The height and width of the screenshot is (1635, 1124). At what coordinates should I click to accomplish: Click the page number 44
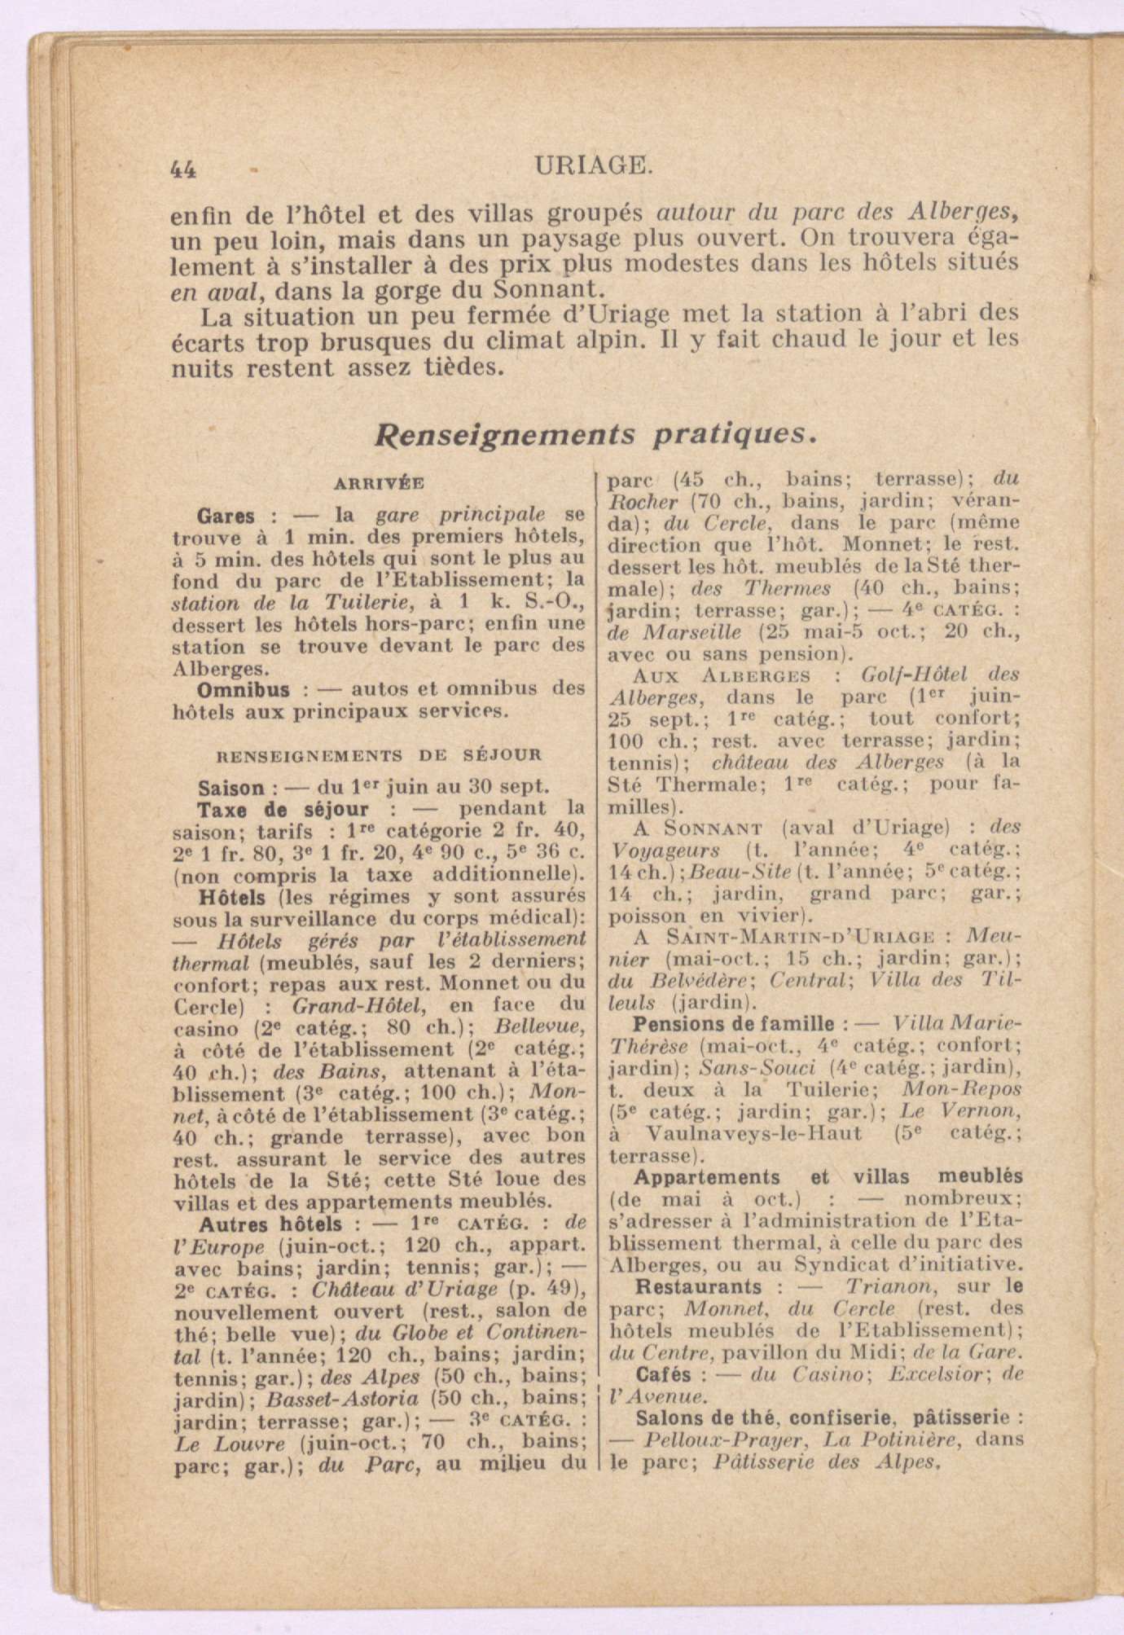point(183,168)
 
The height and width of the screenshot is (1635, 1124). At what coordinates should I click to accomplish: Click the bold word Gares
point(226,516)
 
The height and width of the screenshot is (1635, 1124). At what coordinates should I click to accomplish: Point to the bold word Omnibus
point(244,689)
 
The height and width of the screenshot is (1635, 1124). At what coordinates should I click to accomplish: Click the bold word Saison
point(231,788)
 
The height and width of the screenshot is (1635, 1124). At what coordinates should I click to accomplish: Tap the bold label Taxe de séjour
point(283,810)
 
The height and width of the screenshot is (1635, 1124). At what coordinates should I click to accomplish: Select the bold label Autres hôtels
point(270,1224)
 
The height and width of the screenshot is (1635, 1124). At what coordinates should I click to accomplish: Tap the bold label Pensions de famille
point(734,1023)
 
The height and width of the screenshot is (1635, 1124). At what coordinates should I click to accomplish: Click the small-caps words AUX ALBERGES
point(721,675)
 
